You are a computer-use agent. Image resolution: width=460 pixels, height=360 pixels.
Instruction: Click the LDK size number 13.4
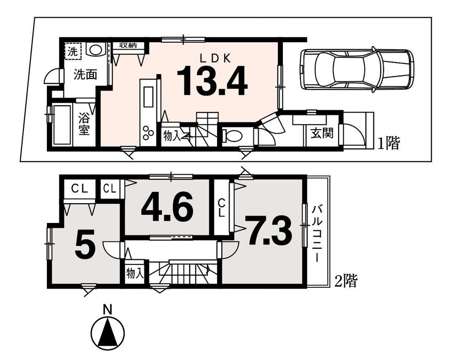click(x=212, y=81)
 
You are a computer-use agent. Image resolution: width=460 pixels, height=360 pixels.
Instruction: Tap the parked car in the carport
click(x=357, y=69)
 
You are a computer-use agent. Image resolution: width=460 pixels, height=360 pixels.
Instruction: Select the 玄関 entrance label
click(x=322, y=134)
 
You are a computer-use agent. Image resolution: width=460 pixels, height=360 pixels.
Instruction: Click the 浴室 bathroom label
click(x=84, y=124)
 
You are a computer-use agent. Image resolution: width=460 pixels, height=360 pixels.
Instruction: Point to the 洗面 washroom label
click(x=86, y=75)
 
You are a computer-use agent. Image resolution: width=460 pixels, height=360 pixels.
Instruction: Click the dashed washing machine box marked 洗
click(x=73, y=51)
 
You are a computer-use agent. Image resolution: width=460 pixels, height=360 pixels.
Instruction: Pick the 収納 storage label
click(x=128, y=45)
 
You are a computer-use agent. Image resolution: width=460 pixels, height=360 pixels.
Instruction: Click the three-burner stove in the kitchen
click(x=148, y=132)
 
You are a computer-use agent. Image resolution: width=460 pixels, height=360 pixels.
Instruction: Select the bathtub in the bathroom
click(x=62, y=125)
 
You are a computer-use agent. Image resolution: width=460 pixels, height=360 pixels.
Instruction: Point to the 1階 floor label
click(x=388, y=143)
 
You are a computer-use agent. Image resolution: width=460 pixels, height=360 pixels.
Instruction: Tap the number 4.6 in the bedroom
click(x=167, y=208)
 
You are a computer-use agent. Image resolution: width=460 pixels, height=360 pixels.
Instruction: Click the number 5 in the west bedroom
click(x=85, y=243)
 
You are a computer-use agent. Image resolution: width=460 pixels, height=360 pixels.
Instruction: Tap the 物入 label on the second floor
click(x=135, y=274)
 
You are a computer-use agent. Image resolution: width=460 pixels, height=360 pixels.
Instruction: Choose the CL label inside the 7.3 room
click(x=222, y=208)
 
